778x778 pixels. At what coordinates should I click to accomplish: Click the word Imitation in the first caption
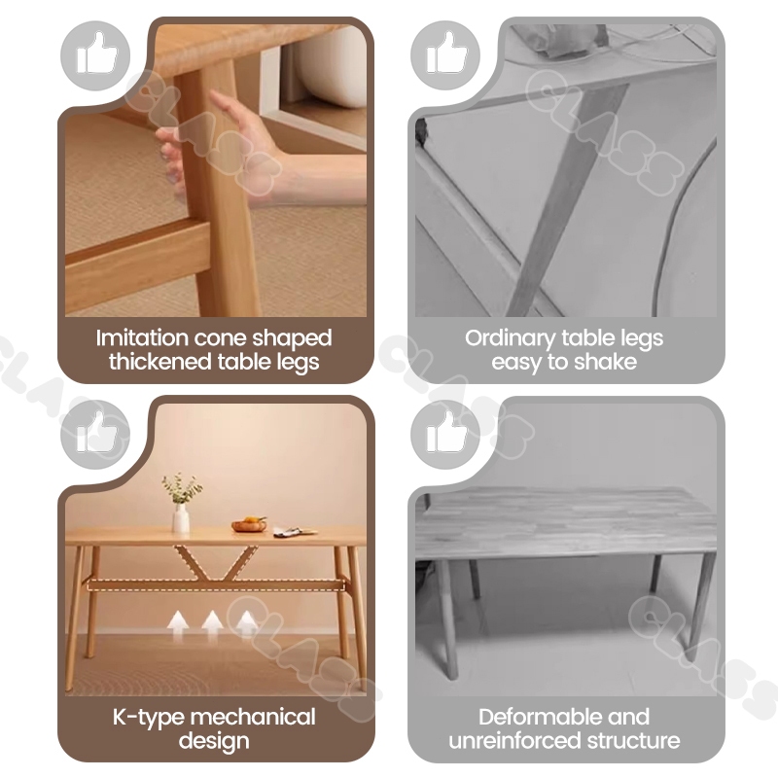click(142, 337)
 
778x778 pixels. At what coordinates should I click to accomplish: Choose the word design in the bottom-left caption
click(214, 741)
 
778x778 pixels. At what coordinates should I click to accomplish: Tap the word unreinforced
click(515, 741)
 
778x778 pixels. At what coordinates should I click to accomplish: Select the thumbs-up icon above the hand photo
click(95, 54)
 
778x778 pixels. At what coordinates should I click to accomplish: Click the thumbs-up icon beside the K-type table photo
click(95, 434)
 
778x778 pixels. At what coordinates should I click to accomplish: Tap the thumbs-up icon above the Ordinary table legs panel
click(445, 54)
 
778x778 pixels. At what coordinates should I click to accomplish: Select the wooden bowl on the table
click(249, 524)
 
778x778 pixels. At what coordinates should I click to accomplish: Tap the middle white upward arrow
click(212, 624)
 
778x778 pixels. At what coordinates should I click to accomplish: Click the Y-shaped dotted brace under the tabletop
click(215, 563)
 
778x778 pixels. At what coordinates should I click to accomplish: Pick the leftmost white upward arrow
click(177, 624)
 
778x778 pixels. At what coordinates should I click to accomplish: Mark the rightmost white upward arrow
click(247, 624)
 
